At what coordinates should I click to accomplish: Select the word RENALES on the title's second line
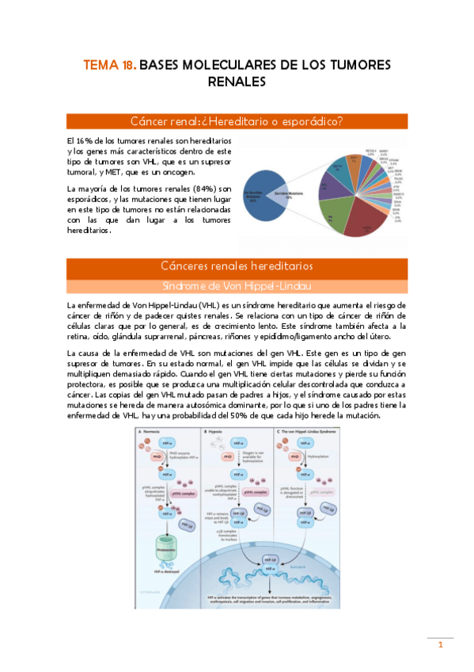[x=237, y=81]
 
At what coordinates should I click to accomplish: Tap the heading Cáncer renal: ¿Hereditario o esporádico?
[x=237, y=121]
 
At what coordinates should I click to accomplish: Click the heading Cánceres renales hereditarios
[x=237, y=265]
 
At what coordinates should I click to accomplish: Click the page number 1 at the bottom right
[x=440, y=645]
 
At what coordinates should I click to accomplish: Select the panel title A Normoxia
[x=154, y=432]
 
